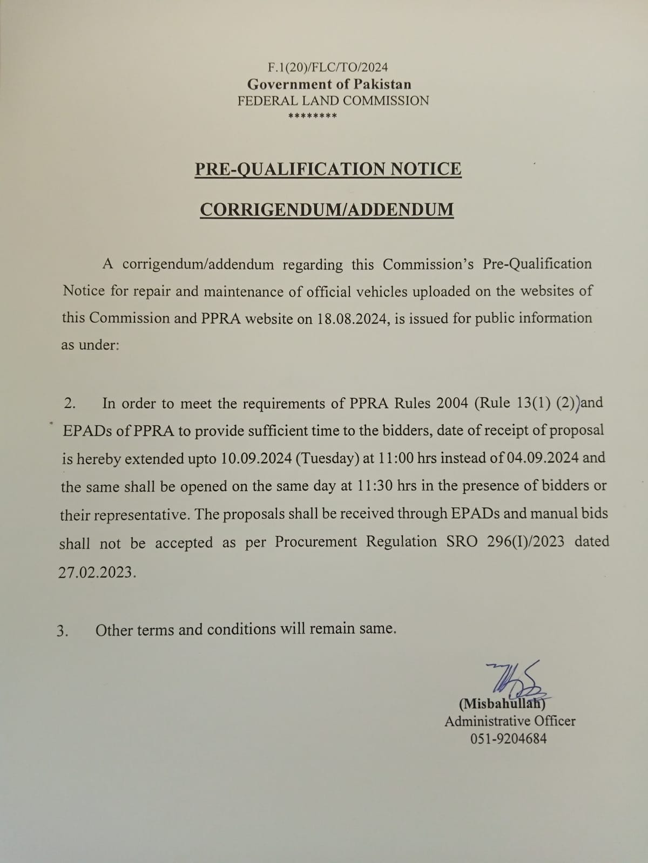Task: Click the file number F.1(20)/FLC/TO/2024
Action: tap(328, 67)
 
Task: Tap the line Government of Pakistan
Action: tap(329, 84)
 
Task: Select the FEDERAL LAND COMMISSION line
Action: tap(333, 101)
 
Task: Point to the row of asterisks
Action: tap(313, 116)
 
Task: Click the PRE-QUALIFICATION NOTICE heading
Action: tap(328, 169)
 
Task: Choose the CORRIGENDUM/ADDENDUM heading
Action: tap(327, 209)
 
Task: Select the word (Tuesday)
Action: tap(327, 458)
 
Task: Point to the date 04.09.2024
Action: tap(543, 458)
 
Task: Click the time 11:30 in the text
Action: tap(375, 486)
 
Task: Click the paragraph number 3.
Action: tap(62, 631)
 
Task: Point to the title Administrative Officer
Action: tap(510, 721)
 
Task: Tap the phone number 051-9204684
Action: tap(509, 738)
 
